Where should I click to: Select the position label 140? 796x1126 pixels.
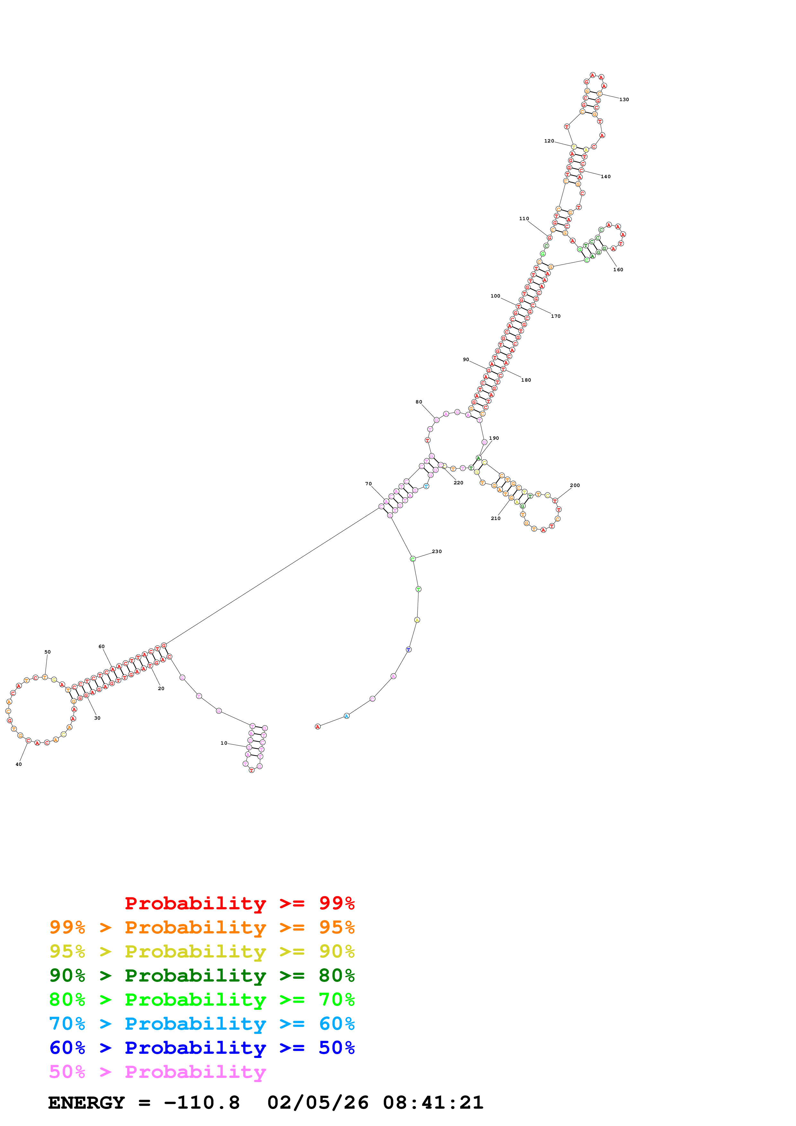click(606, 177)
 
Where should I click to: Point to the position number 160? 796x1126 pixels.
click(618, 270)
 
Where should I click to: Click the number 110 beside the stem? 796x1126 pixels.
click(524, 219)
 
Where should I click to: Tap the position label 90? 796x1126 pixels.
click(466, 359)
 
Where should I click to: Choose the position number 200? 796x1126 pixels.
click(575, 486)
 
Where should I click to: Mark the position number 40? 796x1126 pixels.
click(19, 764)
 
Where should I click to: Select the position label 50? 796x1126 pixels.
click(48, 652)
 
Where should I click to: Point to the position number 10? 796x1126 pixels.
click(224, 743)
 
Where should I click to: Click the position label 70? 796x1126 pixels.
click(368, 483)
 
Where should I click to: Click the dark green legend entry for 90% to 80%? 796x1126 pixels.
click(202, 975)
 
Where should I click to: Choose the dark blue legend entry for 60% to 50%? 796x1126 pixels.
click(202, 1048)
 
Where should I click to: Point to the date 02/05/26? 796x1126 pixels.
click(318, 1103)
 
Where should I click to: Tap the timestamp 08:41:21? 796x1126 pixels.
click(433, 1103)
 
